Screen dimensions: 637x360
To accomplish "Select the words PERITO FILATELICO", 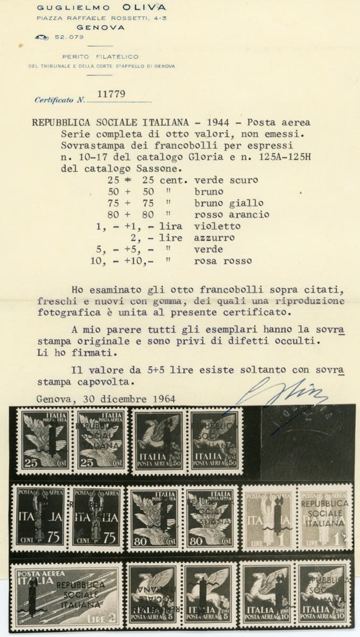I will [100, 56].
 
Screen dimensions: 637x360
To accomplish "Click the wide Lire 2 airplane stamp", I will [66, 595].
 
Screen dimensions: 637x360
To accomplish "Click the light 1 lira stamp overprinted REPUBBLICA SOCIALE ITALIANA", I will [325, 517].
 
